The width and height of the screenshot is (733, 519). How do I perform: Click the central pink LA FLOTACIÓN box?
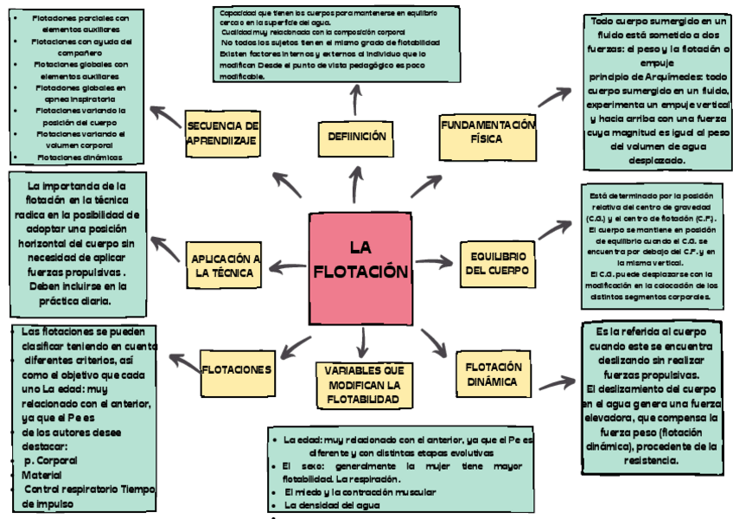click(360, 268)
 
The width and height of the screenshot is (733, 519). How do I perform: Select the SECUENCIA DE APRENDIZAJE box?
click(222, 133)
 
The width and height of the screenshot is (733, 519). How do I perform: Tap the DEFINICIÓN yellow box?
click(356, 136)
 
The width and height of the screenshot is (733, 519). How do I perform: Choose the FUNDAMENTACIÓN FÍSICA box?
click(488, 132)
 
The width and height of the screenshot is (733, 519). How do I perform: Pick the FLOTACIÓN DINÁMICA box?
click(492, 374)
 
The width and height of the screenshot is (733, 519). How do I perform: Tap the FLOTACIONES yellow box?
click(237, 369)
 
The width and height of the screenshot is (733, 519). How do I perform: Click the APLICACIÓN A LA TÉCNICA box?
click(224, 266)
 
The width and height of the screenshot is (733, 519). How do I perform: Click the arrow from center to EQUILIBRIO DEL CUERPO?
click(437, 261)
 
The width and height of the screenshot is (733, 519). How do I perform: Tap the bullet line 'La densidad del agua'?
click(332, 504)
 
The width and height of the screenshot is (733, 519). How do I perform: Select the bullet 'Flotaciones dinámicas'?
click(80, 157)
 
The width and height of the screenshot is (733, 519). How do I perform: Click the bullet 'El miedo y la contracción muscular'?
click(360, 491)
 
